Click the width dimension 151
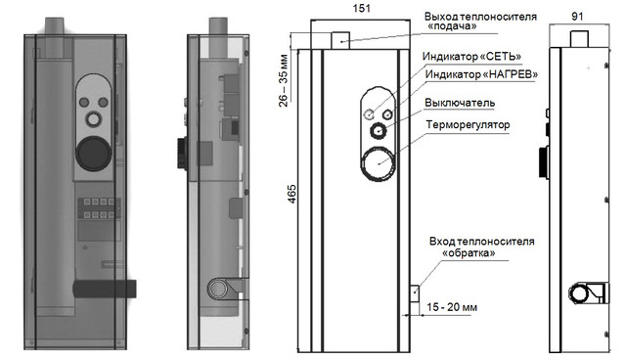(x=362, y=9)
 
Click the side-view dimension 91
(x=577, y=17)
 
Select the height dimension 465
(x=292, y=194)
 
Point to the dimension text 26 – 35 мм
(x=283, y=80)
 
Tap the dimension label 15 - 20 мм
(x=452, y=307)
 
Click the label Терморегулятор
(x=468, y=125)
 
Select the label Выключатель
(x=460, y=103)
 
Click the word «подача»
(x=452, y=26)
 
